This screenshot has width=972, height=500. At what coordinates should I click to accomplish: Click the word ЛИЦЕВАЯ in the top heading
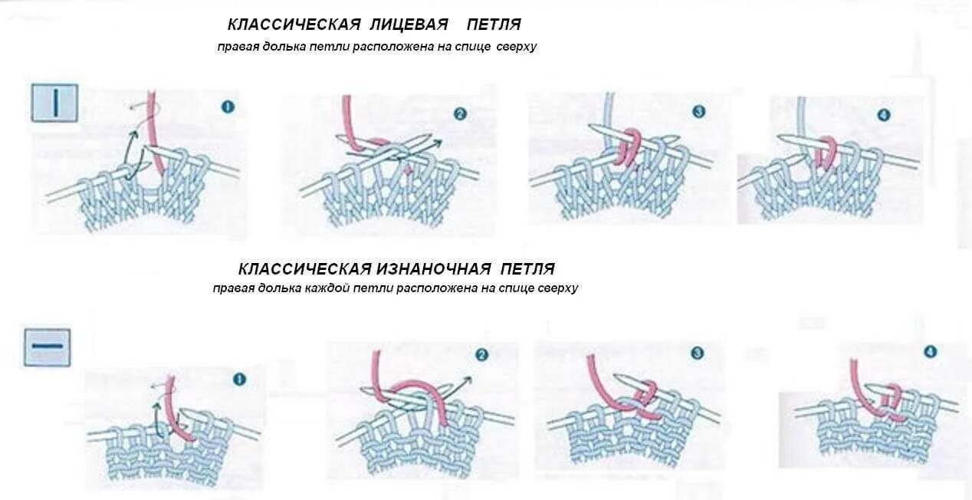pyautogui.click(x=396, y=26)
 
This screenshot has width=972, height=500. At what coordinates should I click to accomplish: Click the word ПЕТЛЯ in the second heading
pyautogui.click(x=528, y=269)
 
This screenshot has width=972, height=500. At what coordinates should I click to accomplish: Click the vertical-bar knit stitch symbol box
pyautogui.click(x=54, y=102)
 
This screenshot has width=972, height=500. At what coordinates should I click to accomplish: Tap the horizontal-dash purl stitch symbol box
pyautogui.click(x=47, y=347)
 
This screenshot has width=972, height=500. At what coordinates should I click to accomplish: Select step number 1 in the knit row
pyautogui.click(x=228, y=107)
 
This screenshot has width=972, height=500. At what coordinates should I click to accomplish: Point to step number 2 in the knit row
pyautogui.click(x=460, y=114)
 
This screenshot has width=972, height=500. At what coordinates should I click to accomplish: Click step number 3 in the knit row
pyautogui.click(x=698, y=112)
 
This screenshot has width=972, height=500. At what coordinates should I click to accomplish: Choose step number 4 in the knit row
pyautogui.click(x=884, y=115)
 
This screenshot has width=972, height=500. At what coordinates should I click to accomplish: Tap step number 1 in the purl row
pyautogui.click(x=238, y=379)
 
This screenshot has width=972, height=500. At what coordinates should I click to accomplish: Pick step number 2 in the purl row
pyautogui.click(x=481, y=355)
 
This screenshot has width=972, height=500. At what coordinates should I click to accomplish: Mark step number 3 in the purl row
pyautogui.click(x=697, y=354)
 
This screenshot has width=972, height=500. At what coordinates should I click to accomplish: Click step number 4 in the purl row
pyautogui.click(x=931, y=352)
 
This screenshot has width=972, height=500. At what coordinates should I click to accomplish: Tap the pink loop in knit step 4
pyautogui.click(x=827, y=151)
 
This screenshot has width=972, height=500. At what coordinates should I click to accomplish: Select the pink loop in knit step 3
pyautogui.click(x=627, y=147)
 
